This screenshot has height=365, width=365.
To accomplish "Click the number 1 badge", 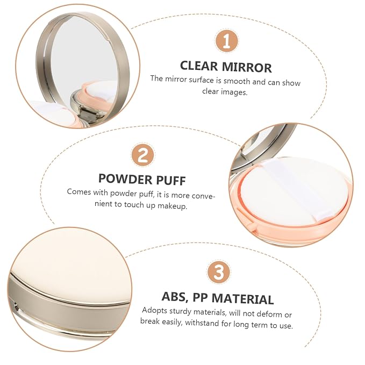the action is click(x=226, y=41).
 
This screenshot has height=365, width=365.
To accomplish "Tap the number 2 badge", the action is click(x=142, y=155).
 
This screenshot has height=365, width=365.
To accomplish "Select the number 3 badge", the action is click(x=219, y=272).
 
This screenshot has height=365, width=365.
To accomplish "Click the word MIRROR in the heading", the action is click(x=247, y=67).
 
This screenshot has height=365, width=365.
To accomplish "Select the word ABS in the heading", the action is click(x=175, y=297).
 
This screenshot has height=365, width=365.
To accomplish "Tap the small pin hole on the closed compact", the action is click(x=17, y=307).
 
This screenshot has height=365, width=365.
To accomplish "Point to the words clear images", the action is click(x=225, y=92).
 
